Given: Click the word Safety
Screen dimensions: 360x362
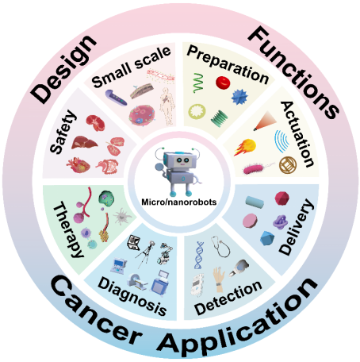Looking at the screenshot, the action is (63, 132).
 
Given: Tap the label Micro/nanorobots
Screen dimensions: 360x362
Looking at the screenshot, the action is (179, 202).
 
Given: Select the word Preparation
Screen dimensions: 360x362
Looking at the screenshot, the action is (228, 64).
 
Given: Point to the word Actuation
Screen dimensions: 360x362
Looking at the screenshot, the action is (297, 134).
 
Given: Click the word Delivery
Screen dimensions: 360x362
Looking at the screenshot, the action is (297, 227).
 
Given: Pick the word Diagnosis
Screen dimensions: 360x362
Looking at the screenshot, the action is (132, 296).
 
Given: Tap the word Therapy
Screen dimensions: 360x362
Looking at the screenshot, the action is (68, 229).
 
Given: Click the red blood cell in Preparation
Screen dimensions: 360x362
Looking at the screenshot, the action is (223, 83).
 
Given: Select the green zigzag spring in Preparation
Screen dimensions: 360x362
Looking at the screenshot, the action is (198, 83).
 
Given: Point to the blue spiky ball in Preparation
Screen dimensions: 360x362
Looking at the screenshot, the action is (239, 97).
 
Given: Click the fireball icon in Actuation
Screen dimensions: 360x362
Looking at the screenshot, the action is (245, 147).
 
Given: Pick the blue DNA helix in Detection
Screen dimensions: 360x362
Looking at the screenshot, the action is (199, 255).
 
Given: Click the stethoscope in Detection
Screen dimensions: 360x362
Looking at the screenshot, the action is (220, 247).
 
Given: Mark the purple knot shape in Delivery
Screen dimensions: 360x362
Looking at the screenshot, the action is (280, 221).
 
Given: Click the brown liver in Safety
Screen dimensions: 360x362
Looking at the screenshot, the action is (84, 143).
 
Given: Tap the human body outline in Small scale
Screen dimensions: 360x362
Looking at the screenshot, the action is (167, 106).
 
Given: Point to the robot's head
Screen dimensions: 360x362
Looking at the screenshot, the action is (180, 160).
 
